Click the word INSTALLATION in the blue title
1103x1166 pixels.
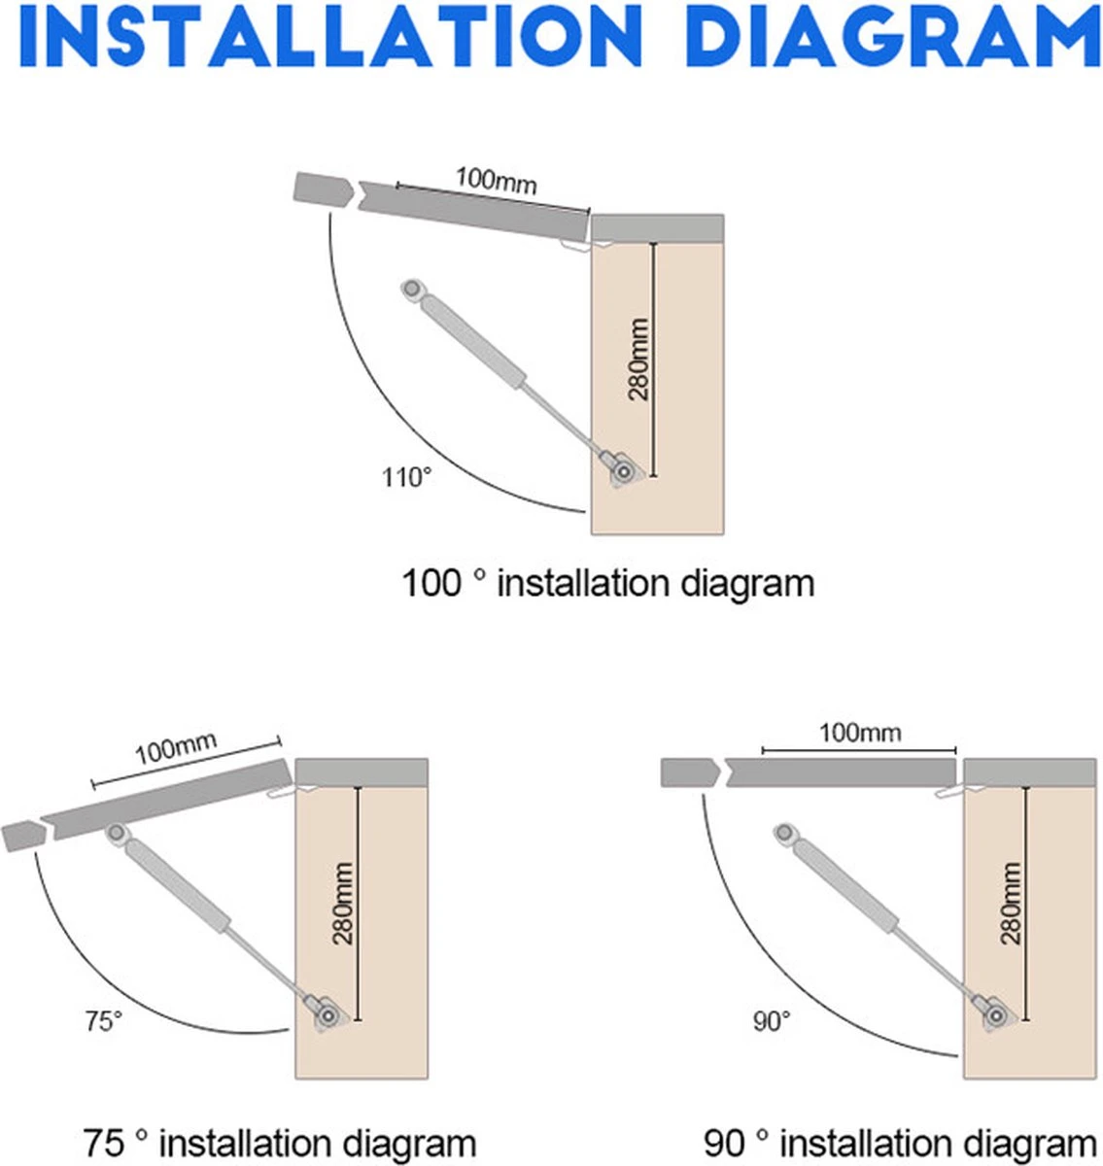click(331, 36)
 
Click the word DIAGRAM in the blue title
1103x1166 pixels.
click(892, 36)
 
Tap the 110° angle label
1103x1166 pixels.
click(407, 477)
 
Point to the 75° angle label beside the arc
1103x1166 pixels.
click(104, 1021)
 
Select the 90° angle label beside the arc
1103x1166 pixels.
click(772, 1021)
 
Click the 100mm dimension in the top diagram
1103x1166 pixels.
click(496, 181)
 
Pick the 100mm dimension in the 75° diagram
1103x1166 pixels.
click(176, 748)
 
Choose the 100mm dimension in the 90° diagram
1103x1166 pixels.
click(860, 734)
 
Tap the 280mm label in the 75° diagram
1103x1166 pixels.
click(342, 904)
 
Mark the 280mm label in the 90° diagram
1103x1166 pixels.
click(1011, 904)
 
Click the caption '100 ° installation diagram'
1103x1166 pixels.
click(608, 584)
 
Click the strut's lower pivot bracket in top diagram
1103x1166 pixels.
click(621, 471)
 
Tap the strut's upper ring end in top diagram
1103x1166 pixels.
click(411, 290)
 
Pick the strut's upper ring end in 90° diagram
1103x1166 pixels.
click(785, 834)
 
